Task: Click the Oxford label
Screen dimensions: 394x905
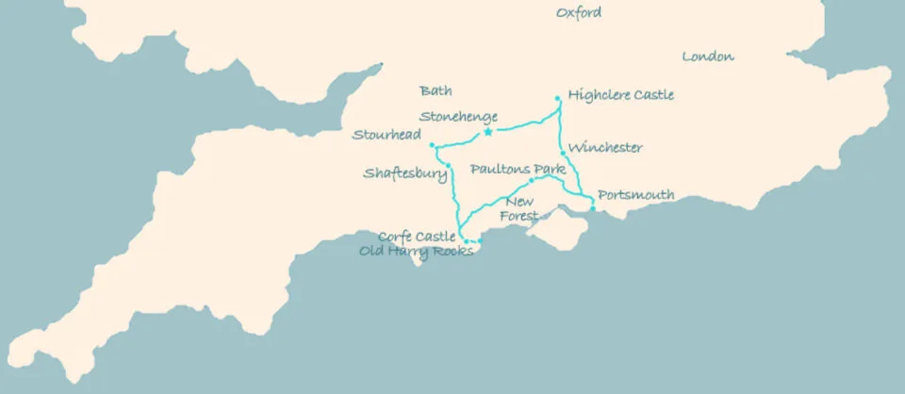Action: click(x=578, y=13)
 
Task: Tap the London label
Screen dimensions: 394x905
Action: click(x=707, y=57)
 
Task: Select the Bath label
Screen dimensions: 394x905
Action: click(x=436, y=91)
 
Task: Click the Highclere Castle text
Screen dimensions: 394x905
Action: click(x=621, y=96)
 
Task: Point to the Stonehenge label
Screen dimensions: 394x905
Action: click(x=458, y=117)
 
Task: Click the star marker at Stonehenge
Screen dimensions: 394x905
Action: click(x=487, y=132)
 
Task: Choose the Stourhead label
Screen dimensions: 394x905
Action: click(x=387, y=135)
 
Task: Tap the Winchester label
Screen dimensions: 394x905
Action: click(x=606, y=148)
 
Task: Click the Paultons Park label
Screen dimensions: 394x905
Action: click(x=517, y=170)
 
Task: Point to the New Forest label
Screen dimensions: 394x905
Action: click(x=519, y=209)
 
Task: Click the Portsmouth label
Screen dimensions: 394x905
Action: click(x=636, y=195)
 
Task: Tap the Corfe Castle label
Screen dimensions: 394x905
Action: click(x=417, y=237)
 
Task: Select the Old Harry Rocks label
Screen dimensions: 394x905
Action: click(x=416, y=251)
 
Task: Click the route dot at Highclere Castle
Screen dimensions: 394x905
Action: click(x=558, y=98)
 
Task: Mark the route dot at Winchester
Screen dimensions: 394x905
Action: click(x=563, y=154)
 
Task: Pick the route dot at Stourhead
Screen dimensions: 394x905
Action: click(x=432, y=145)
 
